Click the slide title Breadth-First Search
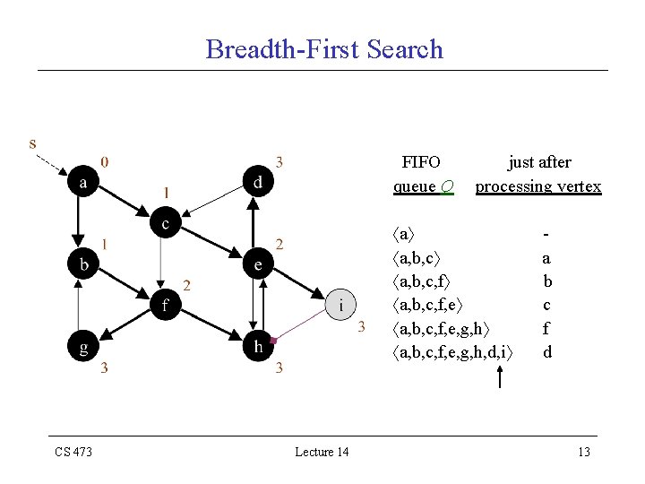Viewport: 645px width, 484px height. click(x=324, y=48)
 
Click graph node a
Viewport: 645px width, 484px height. click(x=83, y=182)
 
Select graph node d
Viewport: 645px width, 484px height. click(x=257, y=182)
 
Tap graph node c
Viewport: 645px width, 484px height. click(x=165, y=222)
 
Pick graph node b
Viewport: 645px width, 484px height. click(x=83, y=264)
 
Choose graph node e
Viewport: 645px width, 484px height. click(x=257, y=264)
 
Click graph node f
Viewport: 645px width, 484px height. click(x=165, y=306)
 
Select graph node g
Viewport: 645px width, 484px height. click(x=83, y=347)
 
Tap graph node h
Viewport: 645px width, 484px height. click(x=257, y=347)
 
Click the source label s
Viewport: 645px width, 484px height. click(x=33, y=143)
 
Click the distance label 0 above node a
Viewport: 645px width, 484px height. click(x=106, y=162)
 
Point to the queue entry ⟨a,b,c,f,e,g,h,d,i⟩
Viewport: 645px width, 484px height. click(x=453, y=352)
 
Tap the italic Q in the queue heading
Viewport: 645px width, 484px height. click(x=447, y=186)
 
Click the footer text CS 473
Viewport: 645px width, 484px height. click(x=73, y=452)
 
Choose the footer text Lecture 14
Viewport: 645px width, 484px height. click(x=322, y=452)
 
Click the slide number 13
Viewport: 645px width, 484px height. click(x=583, y=452)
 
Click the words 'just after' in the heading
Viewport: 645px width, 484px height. click(x=539, y=162)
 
